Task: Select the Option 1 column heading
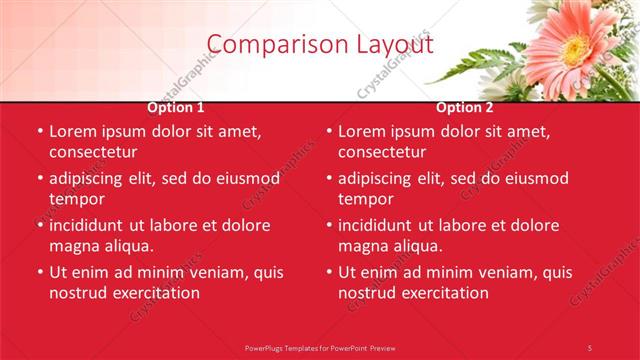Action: pyautogui.click(x=176, y=107)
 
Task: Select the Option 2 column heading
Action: pyautogui.click(x=465, y=107)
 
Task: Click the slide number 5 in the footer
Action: pyautogui.click(x=589, y=347)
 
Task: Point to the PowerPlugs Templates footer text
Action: pyautogui.click(x=320, y=347)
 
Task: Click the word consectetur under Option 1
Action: pyautogui.click(x=93, y=152)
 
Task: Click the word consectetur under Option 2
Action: pyautogui.click(x=382, y=152)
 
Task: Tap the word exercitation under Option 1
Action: pyautogui.click(x=153, y=293)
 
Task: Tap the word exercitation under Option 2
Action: pyautogui.click(x=442, y=293)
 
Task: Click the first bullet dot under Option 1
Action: pyautogui.click(x=40, y=131)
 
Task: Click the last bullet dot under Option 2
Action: pyautogui.click(x=329, y=272)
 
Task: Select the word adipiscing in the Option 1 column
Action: pyautogui.click(x=90, y=178)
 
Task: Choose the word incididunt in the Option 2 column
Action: pyautogui.click(x=379, y=225)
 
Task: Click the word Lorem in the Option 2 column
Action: pyautogui.click(x=361, y=131)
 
